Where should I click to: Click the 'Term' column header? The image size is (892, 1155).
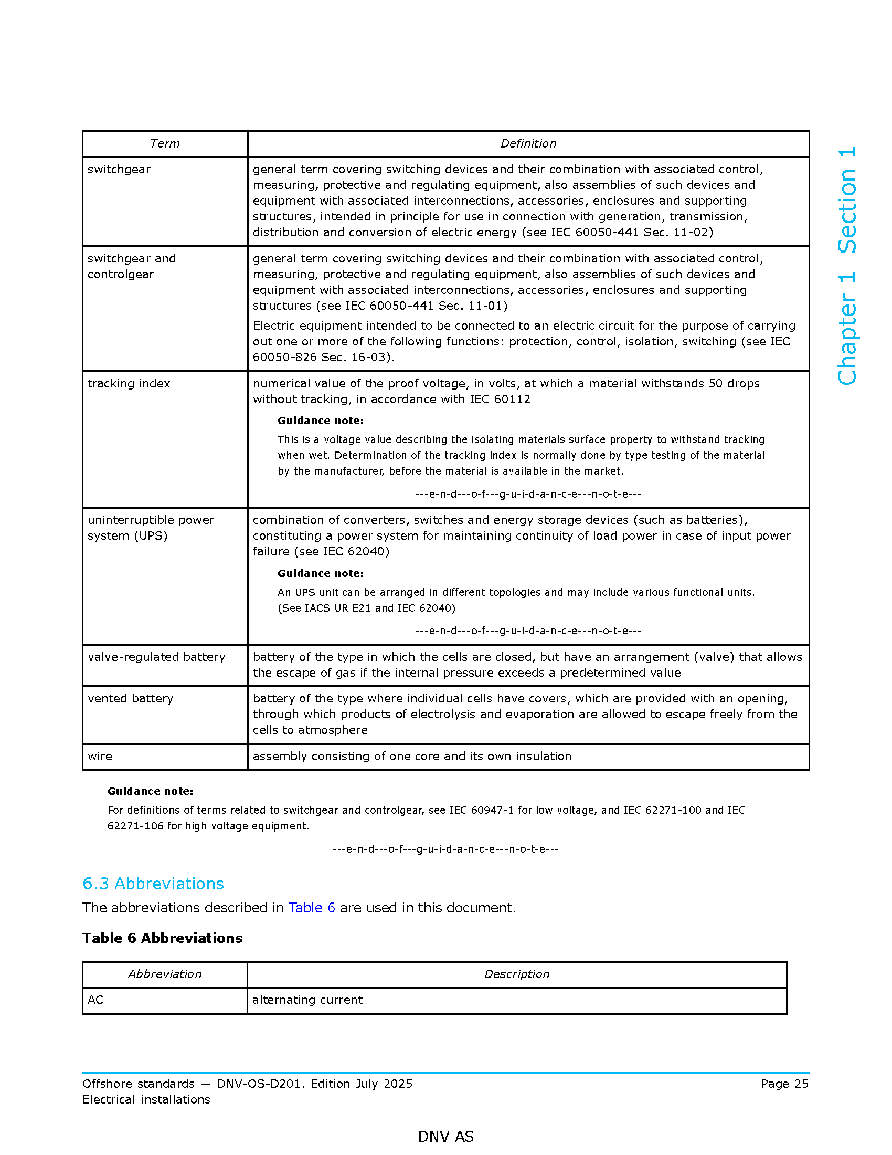point(165,144)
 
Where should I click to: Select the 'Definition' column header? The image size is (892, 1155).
point(528,144)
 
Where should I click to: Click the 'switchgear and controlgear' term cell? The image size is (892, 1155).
point(132,267)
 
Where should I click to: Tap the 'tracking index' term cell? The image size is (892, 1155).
point(129,383)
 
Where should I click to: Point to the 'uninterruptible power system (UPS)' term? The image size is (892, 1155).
point(151,528)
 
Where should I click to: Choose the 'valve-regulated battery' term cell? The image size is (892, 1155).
point(156,657)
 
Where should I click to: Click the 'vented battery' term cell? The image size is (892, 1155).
point(131,699)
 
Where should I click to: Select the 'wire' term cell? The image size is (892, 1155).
point(100,756)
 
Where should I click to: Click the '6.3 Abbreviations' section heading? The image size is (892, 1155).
point(153,884)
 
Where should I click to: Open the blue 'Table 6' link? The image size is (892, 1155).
point(311,908)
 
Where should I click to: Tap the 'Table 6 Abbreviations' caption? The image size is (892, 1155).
point(162,938)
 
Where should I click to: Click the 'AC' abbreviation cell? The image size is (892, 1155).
point(95,1000)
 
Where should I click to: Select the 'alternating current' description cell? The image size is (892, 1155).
point(307,1000)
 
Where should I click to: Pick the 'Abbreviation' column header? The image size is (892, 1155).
point(165,974)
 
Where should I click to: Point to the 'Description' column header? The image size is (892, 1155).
point(517,974)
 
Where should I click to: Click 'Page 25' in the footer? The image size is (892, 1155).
point(785,1084)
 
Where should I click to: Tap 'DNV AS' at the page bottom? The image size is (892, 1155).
point(445,1137)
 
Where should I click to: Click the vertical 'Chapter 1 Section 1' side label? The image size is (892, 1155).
point(847,266)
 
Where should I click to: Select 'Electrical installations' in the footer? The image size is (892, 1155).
point(146,1100)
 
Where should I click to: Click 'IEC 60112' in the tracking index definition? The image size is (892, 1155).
point(500,400)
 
